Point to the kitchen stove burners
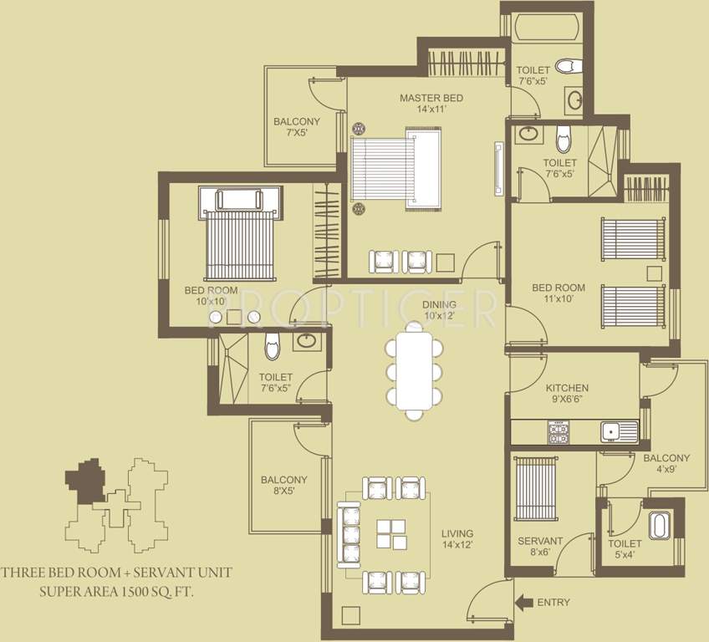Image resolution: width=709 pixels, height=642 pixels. [x=558, y=432]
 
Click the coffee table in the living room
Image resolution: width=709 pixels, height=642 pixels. [x=390, y=533]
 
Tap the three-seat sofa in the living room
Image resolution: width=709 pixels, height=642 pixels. [x=349, y=533]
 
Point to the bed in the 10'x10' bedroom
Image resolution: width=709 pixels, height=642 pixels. [x=239, y=242]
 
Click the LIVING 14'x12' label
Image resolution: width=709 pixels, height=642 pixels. [x=457, y=539]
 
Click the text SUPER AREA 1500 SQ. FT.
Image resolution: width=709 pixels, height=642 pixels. [x=116, y=591]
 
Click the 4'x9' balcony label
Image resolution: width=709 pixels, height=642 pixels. [x=666, y=464]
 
